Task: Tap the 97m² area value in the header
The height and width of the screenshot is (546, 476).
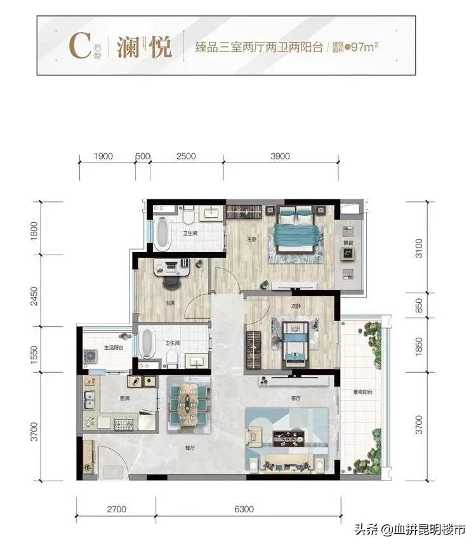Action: (367, 46)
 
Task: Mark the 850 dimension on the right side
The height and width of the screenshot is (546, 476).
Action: (417, 305)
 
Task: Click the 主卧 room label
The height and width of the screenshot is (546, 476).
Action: (251, 239)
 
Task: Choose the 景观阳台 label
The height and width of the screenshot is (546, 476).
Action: (362, 393)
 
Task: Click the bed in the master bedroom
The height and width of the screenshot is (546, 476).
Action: (294, 234)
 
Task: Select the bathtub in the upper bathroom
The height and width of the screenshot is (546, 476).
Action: (162, 234)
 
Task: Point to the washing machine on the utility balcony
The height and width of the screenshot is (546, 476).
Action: (89, 357)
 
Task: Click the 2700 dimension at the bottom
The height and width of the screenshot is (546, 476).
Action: (116, 508)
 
